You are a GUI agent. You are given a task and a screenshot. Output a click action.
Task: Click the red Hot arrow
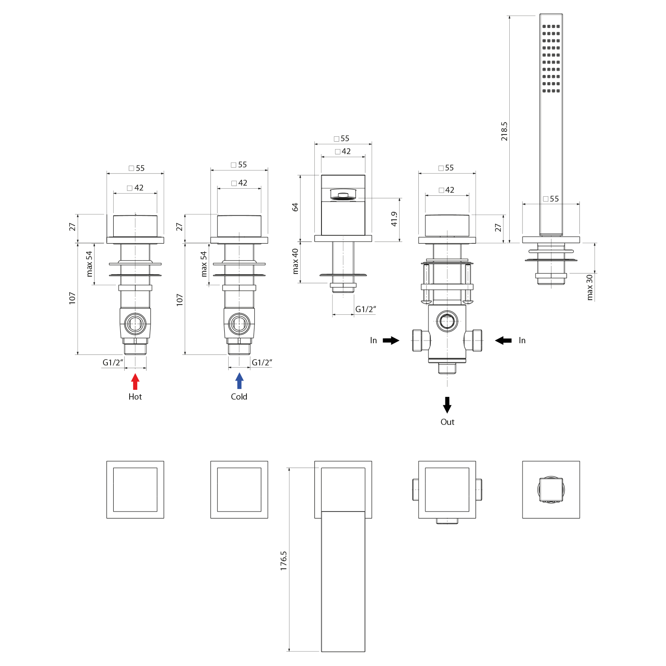[135, 381]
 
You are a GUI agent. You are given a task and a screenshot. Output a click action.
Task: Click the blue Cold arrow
[239, 381]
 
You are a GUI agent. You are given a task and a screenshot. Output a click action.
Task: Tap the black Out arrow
[447, 404]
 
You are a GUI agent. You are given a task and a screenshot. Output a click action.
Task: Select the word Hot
[135, 397]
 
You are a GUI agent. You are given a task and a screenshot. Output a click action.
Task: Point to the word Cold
[239, 397]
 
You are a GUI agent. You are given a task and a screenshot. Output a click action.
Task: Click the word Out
[447, 422]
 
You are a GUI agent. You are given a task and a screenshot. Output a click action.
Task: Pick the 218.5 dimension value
[504, 131]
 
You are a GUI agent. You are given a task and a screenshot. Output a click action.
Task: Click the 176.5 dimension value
[284, 561]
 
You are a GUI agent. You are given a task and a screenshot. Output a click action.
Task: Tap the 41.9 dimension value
[394, 219]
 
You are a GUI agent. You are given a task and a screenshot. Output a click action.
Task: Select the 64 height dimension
[295, 207]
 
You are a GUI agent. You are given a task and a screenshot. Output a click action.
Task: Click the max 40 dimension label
[295, 261]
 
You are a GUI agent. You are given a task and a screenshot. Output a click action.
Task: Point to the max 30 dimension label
[590, 287]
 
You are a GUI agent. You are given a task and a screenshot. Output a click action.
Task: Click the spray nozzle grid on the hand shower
[551, 59]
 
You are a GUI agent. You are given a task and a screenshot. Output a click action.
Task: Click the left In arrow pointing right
[391, 341]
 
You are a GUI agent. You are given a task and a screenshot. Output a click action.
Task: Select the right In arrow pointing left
[503, 341]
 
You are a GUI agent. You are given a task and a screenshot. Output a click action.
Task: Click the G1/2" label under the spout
[365, 309]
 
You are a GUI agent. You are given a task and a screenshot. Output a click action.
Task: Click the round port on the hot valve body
[135, 324]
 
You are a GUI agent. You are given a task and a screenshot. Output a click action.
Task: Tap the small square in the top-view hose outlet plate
[551, 489]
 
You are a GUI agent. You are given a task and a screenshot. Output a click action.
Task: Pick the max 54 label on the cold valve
[204, 264]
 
